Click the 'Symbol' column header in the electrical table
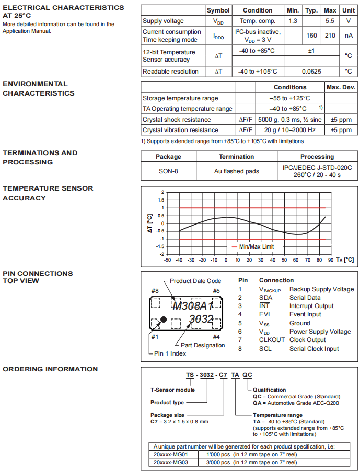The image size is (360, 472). coord(218,10)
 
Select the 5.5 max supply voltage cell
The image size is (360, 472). coord(330,21)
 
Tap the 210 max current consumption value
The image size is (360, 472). coord(330,36)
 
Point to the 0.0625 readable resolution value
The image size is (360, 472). coord(311,72)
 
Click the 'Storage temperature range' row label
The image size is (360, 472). coord(180,98)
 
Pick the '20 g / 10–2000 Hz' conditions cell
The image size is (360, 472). coord(289,130)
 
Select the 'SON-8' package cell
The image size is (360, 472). coord(168,171)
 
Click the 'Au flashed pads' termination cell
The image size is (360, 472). coord(236,171)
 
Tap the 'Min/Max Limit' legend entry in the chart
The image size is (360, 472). coord(256,246)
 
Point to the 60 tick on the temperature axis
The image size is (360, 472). coord(296,259)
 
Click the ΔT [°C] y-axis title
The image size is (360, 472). coord(150,223)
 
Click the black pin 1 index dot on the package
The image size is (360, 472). coord(164,319)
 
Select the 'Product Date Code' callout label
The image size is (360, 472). coord(195,281)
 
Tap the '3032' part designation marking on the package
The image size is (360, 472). coord(201,319)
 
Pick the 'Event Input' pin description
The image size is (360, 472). coord(306,314)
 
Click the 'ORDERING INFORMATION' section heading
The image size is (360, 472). coord(50,369)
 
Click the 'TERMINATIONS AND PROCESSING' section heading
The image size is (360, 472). coord(40,157)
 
